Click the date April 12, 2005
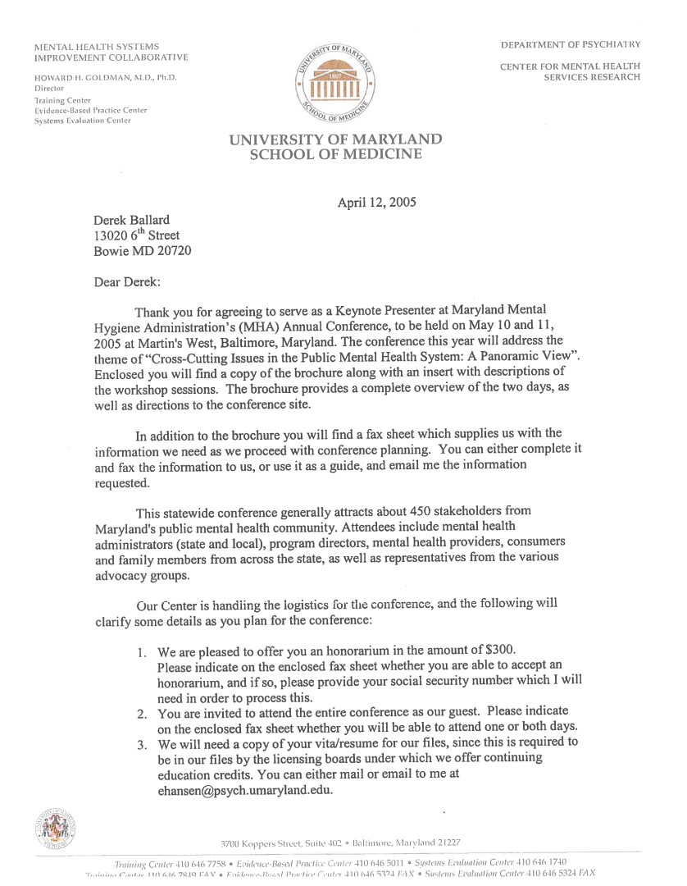(x=376, y=203)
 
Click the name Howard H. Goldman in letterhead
(x=91, y=77)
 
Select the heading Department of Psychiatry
(x=571, y=44)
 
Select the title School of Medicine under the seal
(x=335, y=154)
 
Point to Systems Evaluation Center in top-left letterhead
(x=82, y=121)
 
